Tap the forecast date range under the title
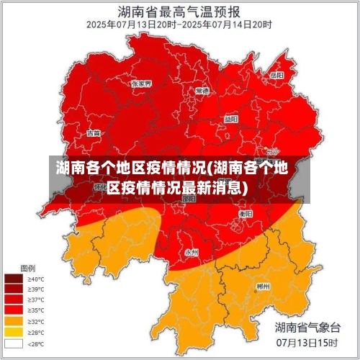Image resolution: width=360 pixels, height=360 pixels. coord(179,24)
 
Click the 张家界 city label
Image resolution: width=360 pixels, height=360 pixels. coord(141,84)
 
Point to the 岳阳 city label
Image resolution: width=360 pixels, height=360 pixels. coord(276,75)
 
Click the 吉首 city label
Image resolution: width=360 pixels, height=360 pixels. coord(94,133)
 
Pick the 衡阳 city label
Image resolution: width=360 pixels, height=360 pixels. coord(246,214)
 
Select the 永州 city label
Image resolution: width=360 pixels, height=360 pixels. coord(192,252)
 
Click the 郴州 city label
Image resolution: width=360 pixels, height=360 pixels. coord(264,286)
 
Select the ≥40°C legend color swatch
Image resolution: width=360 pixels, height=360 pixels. coord(14,279)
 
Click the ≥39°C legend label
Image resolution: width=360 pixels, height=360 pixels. coord(35,289)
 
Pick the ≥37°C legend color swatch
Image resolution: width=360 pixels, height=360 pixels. coord(14,300)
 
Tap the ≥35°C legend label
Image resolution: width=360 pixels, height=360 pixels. coord(35,310)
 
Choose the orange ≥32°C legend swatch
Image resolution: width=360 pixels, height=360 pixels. coord(14,321)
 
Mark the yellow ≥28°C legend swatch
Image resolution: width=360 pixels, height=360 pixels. coord(14,332)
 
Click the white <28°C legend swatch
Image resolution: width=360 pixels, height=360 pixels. coord(14,343)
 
